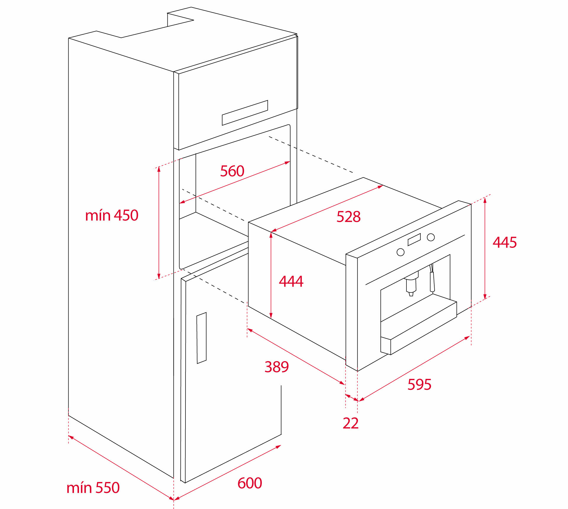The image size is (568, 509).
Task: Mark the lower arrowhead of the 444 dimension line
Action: coord(271,316)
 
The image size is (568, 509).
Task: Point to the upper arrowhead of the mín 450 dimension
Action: coord(159,169)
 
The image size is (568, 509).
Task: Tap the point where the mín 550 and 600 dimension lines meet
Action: coord(174,500)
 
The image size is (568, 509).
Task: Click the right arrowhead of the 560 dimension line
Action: coord(288,162)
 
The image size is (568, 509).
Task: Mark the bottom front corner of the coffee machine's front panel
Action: coord(357,371)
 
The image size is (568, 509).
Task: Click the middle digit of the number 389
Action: coord(277,367)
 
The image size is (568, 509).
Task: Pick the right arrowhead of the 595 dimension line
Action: coord(467,338)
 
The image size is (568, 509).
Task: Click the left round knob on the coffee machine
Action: coord(401,252)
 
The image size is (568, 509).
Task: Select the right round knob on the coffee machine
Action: coord(431,237)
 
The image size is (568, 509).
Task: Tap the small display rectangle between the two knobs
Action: coord(414,240)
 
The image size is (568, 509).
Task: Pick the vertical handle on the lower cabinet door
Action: coord(201,338)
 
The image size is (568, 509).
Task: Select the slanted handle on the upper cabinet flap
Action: coord(245,113)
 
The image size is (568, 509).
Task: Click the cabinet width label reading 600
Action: coord(250,483)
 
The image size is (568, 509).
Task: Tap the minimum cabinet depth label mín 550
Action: coord(93,487)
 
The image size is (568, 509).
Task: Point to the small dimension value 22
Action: coord(351,423)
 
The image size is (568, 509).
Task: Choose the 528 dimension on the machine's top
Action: coord(348,216)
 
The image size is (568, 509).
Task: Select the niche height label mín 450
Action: coord(112,215)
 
